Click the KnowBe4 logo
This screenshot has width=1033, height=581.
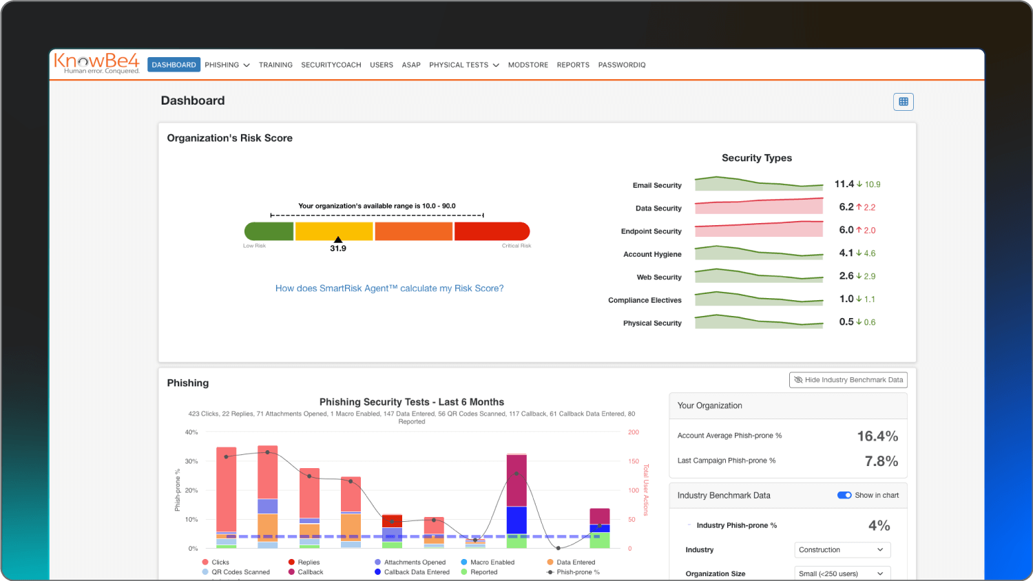pyautogui.click(x=96, y=63)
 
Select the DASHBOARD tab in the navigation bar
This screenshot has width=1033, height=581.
pyautogui.click(x=174, y=65)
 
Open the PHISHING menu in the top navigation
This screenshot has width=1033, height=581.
pyautogui.click(x=227, y=65)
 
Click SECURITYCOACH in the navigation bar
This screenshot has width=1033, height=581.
pyautogui.click(x=331, y=65)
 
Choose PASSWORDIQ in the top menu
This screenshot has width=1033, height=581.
pyautogui.click(x=621, y=65)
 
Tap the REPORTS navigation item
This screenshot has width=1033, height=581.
pyautogui.click(x=573, y=65)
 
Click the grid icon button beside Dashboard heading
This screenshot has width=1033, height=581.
pyautogui.click(x=903, y=102)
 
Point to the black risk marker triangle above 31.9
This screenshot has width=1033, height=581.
pyautogui.click(x=337, y=240)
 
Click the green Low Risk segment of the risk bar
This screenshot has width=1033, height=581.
pyautogui.click(x=269, y=231)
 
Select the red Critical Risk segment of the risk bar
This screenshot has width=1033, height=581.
pyautogui.click(x=491, y=231)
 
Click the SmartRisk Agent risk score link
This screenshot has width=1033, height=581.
pyautogui.click(x=389, y=288)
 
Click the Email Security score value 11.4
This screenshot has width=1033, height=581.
pyautogui.click(x=844, y=184)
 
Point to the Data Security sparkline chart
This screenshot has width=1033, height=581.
pyautogui.click(x=758, y=207)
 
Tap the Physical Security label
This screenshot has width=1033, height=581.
pyautogui.click(x=651, y=323)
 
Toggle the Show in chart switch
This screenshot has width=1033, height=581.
pyautogui.click(x=844, y=495)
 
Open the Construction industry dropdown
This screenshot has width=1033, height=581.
pyautogui.click(x=842, y=550)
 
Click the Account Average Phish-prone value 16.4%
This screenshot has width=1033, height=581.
pyautogui.click(x=877, y=436)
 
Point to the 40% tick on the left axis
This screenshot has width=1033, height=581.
pyautogui.click(x=191, y=432)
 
